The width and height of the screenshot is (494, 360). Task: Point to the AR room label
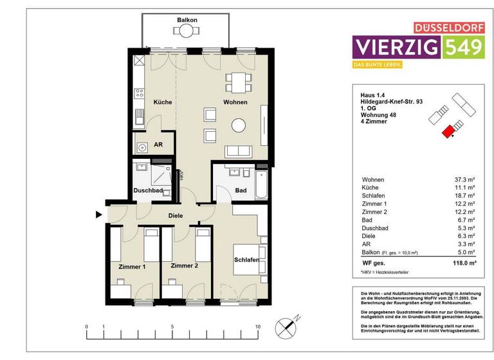[x=158, y=145]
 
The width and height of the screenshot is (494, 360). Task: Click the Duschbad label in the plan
[x=147, y=191]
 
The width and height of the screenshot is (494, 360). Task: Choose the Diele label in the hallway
[x=176, y=216]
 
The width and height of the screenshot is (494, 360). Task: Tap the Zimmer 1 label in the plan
[x=132, y=265]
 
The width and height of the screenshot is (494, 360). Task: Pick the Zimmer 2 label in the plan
[x=185, y=265]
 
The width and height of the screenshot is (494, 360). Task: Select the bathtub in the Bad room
[x=261, y=184]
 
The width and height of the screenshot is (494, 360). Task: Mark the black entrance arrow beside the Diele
[x=98, y=215]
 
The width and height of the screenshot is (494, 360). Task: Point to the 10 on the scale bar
[x=257, y=327]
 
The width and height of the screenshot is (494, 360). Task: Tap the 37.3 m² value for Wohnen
[x=464, y=179]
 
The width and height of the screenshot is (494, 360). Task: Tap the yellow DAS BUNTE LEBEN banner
[x=377, y=65]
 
